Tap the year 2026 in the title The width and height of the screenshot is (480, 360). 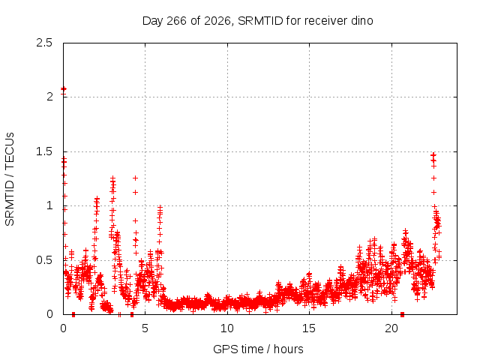pos(217,21)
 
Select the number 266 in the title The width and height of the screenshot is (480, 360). pos(176,21)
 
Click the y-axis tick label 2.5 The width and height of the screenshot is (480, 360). pos(44,43)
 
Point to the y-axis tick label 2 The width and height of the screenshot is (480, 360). pos(50,97)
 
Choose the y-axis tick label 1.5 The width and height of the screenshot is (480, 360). pos(44,151)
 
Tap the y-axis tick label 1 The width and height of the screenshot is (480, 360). pos(50,205)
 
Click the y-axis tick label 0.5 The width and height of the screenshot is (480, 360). pos(44,260)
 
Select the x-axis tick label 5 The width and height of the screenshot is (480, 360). pos(145,328)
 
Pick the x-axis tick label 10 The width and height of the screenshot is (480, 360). pos(227,328)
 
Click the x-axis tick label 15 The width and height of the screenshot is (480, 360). pos(309,328)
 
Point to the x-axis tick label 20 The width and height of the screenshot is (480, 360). pos(391,328)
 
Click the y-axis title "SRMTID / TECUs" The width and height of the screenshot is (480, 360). pos(10,179)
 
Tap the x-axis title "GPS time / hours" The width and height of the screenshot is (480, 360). pos(258,349)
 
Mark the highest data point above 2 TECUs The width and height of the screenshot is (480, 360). pos(63,88)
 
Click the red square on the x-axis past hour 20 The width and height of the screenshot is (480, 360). pos(402,314)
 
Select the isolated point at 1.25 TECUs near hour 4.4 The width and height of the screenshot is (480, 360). pos(135,178)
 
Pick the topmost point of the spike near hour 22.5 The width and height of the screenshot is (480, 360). pos(433,155)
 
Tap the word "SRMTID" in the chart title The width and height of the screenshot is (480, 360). pos(260,21)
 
